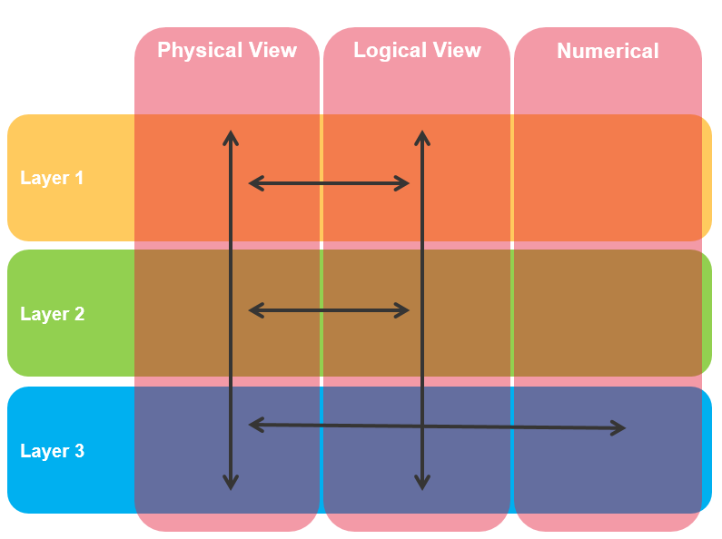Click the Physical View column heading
pyautogui.click(x=227, y=50)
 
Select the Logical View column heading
pyautogui.click(x=417, y=50)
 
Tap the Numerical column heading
pyautogui.click(x=608, y=51)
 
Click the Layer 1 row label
pyautogui.click(x=52, y=178)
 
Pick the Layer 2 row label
pyautogui.click(x=52, y=314)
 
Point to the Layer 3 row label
pyautogui.click(x=52, y=451)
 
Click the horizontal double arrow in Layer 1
pyautogui.click(x=329, y=183)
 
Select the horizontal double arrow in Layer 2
pyautogui.click(x=329, y=310)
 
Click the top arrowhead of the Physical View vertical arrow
pyautogui.click(x=231, y=136)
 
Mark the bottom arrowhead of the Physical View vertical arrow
pyautogui.click(x=231, y=484)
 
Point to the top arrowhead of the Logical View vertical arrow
pyautogui.click(x=421, y=136)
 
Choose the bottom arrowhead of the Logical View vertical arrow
pyautogui.click(x=421, y=484)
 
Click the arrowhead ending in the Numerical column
pyautogui.click(x=620, y=427)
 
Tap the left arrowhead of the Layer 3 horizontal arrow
pyautogui.click(x=255, y=424)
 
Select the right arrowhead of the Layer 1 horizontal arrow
pyautogui.click(x=403, y=183)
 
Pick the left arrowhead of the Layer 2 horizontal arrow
pyautogui.click(x=255, y=310)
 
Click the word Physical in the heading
pyautogui.click(x=194, y=50)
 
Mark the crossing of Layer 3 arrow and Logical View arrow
pyautogui.click(x=421, y=426)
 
